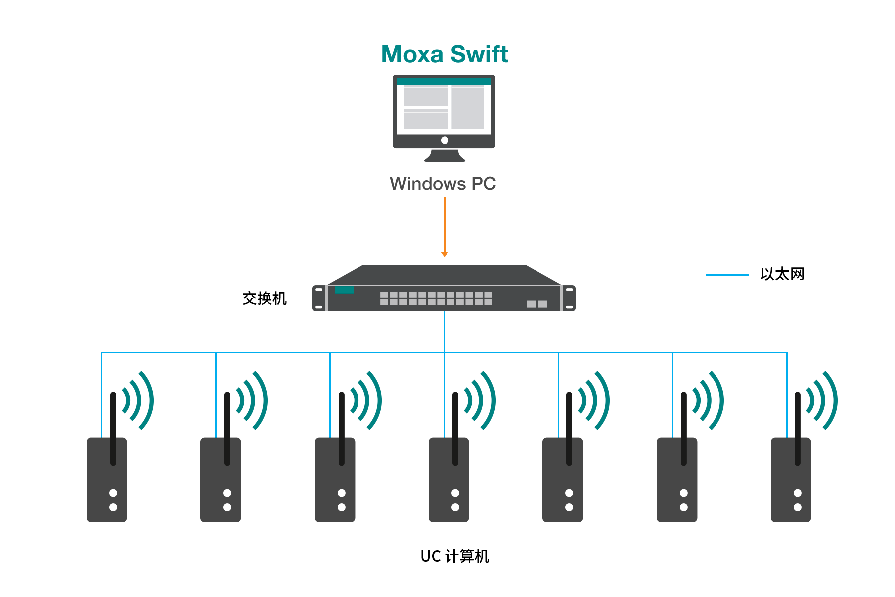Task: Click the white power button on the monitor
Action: [445, 140]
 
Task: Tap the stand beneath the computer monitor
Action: [445, 155]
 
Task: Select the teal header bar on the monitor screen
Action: [444, 82]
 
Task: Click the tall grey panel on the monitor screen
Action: [468, 108]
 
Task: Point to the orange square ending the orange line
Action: [445, 255]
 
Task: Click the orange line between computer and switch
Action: [445, 224]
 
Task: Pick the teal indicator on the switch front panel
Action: [344, 290]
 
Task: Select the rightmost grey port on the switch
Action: [542, 304]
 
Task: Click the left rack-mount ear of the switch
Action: [319, 298]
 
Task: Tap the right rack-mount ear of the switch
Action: [569, 298]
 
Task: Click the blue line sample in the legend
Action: [727, 275]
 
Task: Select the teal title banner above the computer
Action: [445, 54]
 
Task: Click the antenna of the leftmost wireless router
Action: [113, 428]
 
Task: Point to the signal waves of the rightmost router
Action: [823, 400]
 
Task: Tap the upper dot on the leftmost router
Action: [113, 493]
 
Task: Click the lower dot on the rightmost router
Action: [798, 507]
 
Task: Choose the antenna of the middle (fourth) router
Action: [455, 428]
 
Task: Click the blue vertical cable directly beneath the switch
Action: [445, 331]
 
